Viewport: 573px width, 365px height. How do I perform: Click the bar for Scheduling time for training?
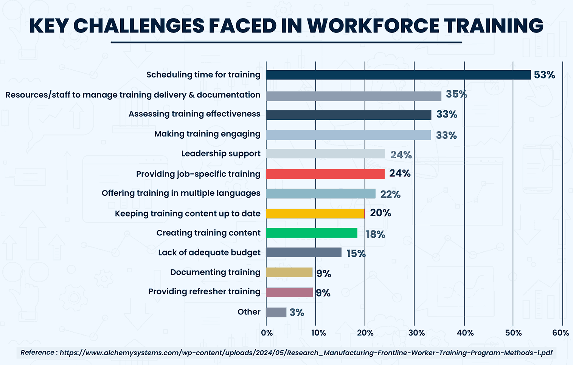[x=398, y=75]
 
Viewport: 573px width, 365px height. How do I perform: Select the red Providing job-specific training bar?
[x=325, y=174]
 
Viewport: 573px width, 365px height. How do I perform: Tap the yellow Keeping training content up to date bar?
[x=315, y=213]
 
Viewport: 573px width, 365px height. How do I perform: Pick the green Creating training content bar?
[x=311, y=233]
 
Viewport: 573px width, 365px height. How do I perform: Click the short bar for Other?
[x=276, y=312]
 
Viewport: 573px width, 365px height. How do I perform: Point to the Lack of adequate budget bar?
[x=303, y=252]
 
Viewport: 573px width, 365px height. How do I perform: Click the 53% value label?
[x=544, y=75]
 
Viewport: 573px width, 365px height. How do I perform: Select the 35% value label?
[x=456, y=94]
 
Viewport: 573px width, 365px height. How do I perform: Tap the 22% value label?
[x=390, y=194]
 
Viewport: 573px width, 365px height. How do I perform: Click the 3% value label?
[x=297, y=312]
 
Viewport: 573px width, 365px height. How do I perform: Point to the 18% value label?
[x=375, y=234]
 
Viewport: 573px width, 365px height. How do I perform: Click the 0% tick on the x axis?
[x=267, y=333]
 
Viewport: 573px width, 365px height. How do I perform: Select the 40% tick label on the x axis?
[x=465, y=333]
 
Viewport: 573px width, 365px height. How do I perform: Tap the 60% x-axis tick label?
[x=560, y=333]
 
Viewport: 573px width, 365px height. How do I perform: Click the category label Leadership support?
[x=221, y=153]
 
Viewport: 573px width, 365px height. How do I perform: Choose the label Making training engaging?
[x=207, y=134]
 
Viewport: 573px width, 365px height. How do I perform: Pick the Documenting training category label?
[x=215, y=272]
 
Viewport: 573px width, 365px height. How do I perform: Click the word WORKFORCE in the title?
[x=373, y=26]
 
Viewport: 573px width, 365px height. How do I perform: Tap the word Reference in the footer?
[x=37, y=353]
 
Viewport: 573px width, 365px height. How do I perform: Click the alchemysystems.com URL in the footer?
[x=306, y=353]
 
